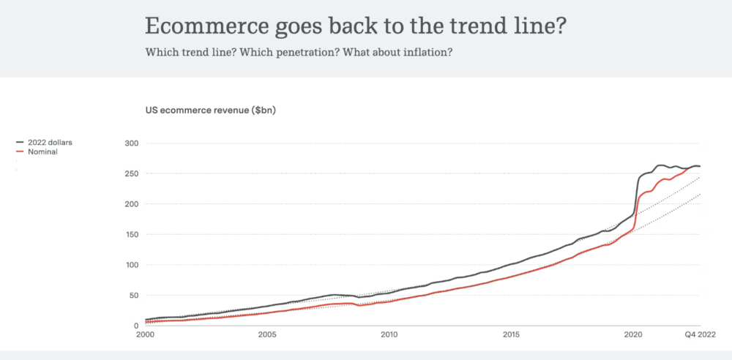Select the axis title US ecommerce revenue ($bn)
tap(211, 110)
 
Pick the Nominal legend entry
tap(42, 151)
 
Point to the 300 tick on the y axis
tap(132, 143)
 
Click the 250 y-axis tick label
tap(132, 173)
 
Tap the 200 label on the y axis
tap(132, 204)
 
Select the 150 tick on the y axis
tap(132, 234)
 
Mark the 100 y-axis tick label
tap(132, 265)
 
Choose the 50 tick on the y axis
tap(134, 295)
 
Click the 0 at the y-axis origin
tap(136, 326)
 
